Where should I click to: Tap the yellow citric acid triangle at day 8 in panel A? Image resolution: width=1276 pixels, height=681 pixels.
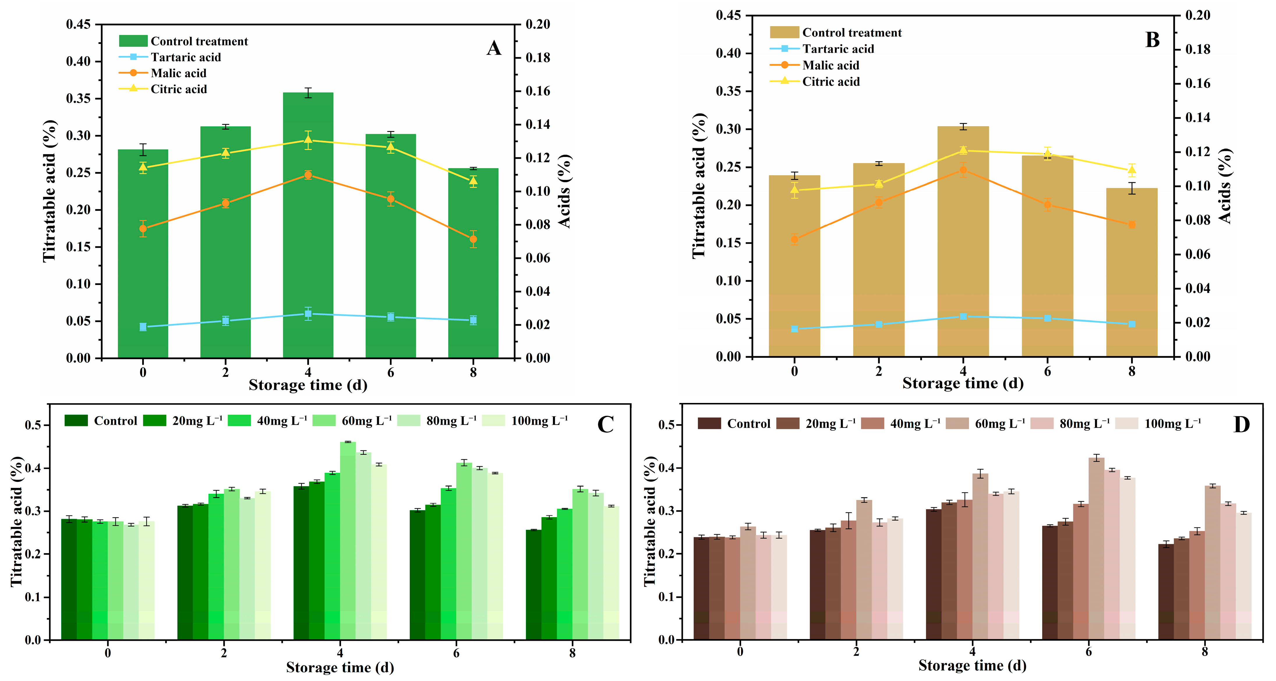click(473, 180)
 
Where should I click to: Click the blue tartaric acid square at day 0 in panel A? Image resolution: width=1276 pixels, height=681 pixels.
click(143, 327)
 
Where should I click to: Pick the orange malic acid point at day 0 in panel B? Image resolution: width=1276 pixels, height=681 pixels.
click(795, 240)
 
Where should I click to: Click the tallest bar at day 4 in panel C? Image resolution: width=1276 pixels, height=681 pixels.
click(348, 540)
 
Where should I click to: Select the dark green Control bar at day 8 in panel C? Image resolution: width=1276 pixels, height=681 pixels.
click(533, 584)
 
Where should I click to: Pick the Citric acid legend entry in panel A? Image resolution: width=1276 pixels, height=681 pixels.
click(178, 89)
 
